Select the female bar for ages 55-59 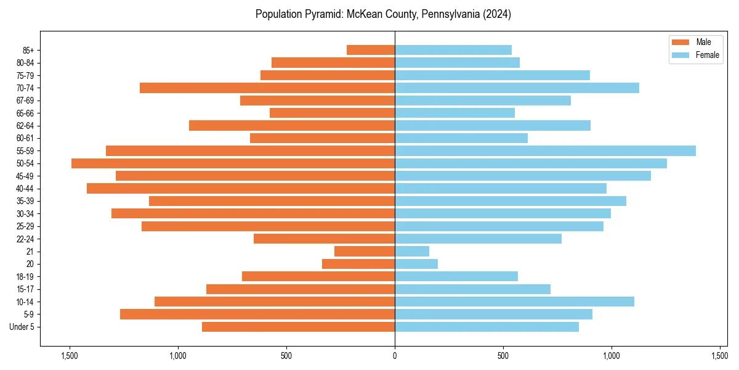[545, 150]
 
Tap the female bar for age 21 [412, 252]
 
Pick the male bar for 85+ [371, 50]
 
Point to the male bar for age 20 [358, 264]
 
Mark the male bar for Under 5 [298, 327]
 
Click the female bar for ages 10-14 [514, 302]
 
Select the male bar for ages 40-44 [241, 188]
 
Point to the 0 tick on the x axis [395, 356]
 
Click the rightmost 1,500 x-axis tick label [720, 356]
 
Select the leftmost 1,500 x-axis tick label [70, 356]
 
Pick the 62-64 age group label [25, 126]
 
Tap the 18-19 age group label [25, 277]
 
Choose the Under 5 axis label [22, 327]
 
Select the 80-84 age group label [25, 63]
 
